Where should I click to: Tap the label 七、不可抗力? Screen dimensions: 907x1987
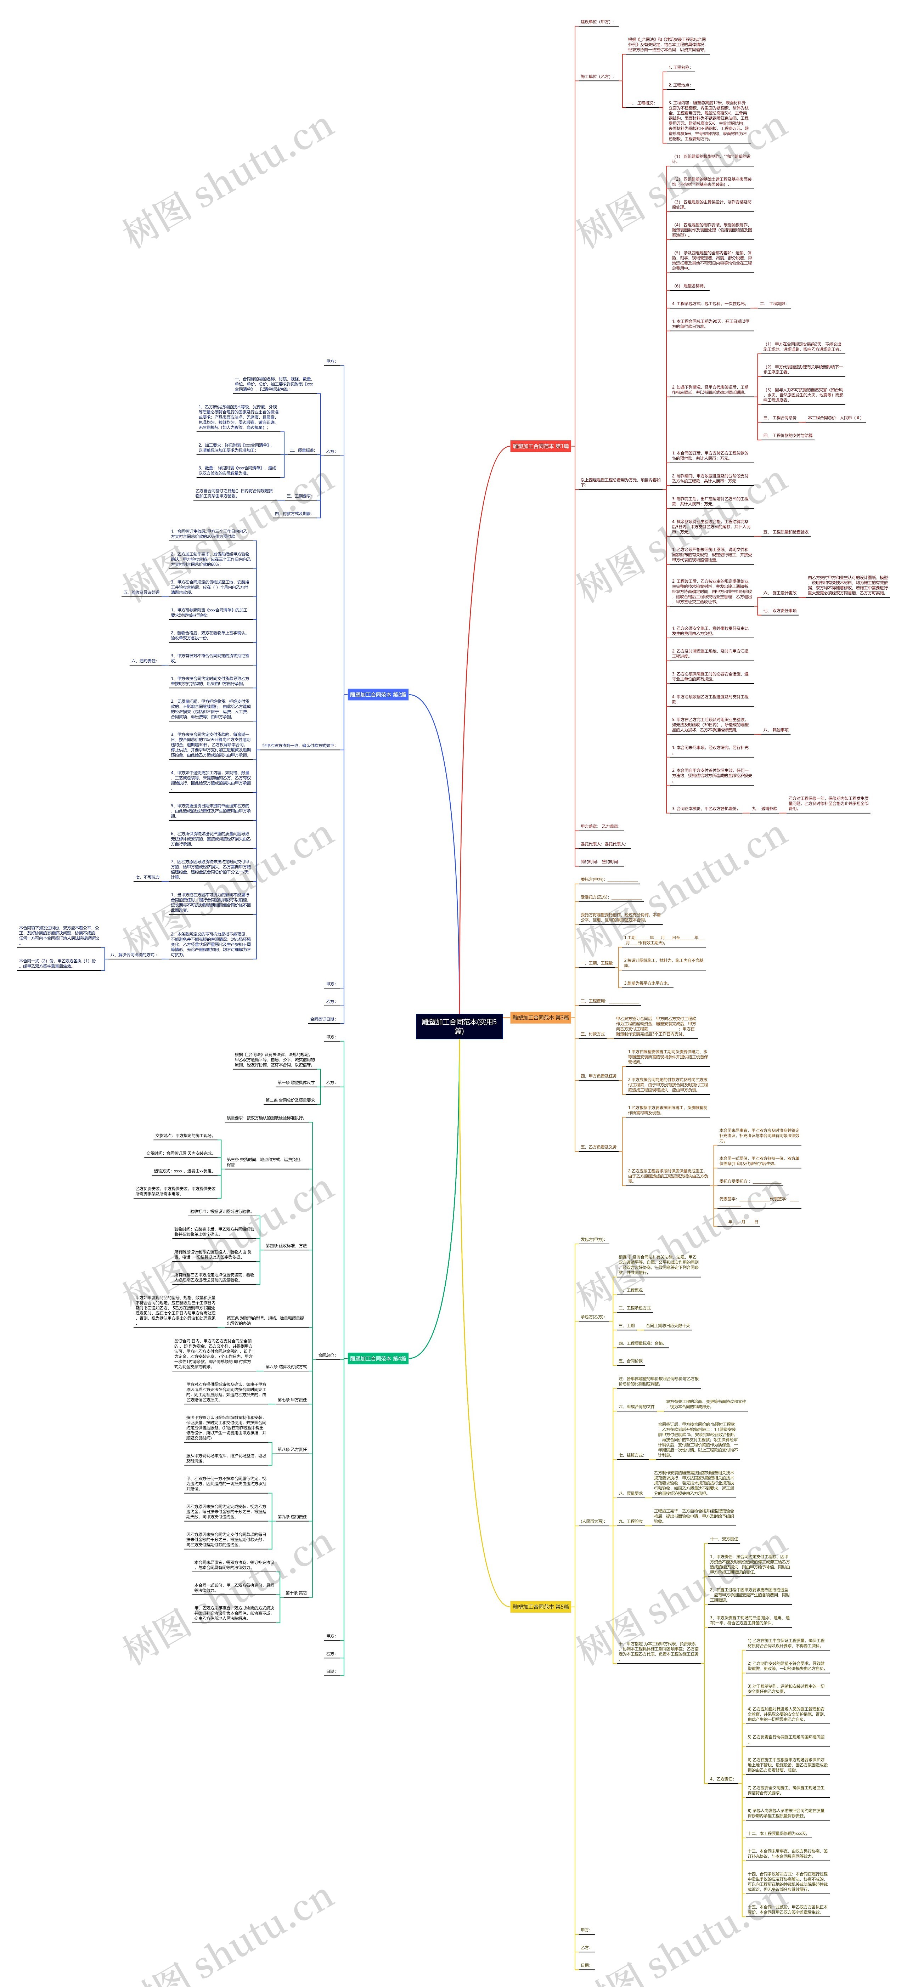[147, 877]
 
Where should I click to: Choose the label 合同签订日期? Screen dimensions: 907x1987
[322, 1019]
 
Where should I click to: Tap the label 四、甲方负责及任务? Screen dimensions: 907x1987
[598, 1075]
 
